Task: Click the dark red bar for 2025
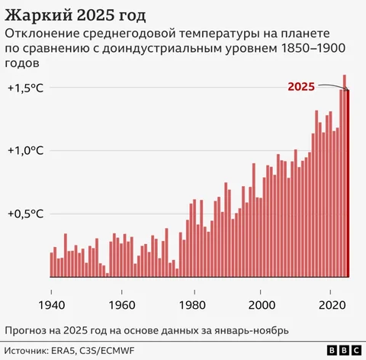[348, 183]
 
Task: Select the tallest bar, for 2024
[345, 175]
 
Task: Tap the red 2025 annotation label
[301, 87]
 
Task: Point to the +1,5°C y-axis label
[26, 88]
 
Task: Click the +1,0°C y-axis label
[26, 150]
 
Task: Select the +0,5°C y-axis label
[26, 214]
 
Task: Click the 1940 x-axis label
[52, 305]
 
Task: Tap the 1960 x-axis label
[122, 305]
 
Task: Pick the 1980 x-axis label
[192, 305]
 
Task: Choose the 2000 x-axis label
[262, 305]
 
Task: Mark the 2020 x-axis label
[332, 305]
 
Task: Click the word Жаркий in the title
[38, 15]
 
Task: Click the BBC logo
[344, 350]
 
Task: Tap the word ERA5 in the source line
[63, 351]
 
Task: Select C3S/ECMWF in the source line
[107, 351]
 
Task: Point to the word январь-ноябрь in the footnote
[252, 331]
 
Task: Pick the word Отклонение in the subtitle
[42, 34]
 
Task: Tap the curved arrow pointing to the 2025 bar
[333, 86]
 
